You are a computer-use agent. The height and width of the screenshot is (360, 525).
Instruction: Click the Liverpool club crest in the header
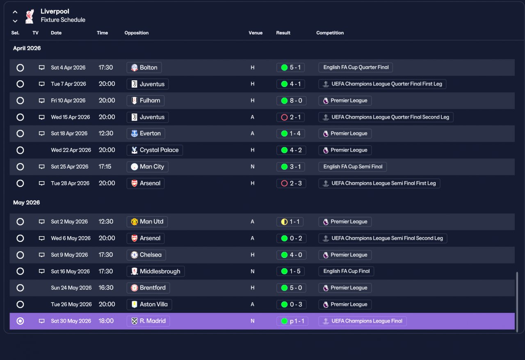[x=30, y=16]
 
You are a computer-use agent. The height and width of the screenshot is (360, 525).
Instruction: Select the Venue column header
[x=256, y=33]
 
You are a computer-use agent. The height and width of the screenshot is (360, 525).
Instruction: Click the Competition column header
[x=330, y=33]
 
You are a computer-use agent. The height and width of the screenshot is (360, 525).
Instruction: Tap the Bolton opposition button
[x=144, y=68]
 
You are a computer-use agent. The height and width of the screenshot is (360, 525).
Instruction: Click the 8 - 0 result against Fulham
[x=291, y=100]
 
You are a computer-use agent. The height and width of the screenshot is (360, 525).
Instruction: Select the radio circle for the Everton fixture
[x=20, y=134]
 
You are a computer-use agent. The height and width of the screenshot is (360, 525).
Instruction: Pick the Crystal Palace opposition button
[x=155, y=150]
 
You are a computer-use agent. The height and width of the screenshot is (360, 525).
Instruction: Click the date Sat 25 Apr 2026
[x=70, y=166]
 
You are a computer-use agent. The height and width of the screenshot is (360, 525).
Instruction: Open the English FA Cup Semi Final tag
[x=352, y=166]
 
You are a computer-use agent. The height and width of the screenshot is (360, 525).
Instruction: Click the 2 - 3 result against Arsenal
[x=291, y=183]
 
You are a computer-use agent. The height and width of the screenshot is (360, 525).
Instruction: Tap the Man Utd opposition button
[x=147, y=222]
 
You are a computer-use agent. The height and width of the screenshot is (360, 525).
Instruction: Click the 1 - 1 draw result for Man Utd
[x=290, y=222]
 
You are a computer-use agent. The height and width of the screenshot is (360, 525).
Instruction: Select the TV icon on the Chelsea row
[x=42, y=255]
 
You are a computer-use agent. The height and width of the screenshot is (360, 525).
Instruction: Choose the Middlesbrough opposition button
[x=155, y=271]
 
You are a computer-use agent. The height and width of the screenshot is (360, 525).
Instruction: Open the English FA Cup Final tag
[x=346, y=271]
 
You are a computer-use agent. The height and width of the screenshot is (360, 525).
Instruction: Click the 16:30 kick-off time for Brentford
[x=106, y=288]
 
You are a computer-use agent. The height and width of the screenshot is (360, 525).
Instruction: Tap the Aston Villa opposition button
[x=149, y=305]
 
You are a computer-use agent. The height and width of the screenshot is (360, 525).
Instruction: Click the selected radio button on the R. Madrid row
[x=20, y=321]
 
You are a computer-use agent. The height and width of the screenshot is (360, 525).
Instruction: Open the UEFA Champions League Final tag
[x=363, y=321]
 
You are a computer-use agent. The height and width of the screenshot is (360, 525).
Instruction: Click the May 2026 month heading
[x=27, y=203]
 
